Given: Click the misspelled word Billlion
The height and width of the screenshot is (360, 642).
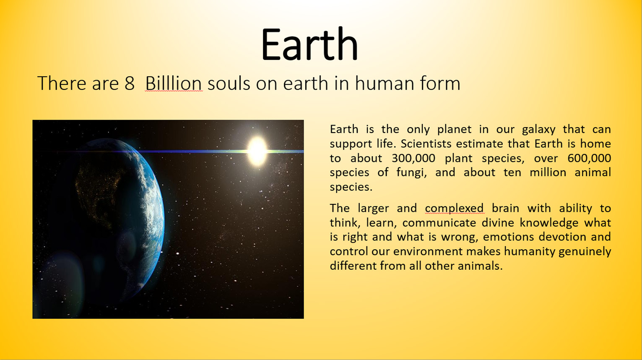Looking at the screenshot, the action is [x=174, y=83].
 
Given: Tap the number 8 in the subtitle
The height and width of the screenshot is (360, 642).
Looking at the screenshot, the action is [x=129, y=83].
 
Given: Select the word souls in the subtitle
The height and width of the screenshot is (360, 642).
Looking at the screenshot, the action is [x=229, y=83].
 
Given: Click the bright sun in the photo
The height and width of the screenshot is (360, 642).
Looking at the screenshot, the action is [x=257, y=151].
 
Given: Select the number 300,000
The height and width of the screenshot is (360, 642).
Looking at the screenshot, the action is [x=413, y=158].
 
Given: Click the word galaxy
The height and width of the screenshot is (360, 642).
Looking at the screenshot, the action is [x=538, y=130].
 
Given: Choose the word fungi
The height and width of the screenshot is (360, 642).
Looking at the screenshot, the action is [x=411, y=173].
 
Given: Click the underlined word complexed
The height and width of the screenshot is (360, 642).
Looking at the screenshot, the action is [x=454, y=209].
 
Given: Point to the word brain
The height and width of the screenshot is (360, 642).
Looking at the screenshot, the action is [x=505, y=208].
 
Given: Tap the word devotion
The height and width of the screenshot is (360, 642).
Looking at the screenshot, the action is [x=563, y=237].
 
